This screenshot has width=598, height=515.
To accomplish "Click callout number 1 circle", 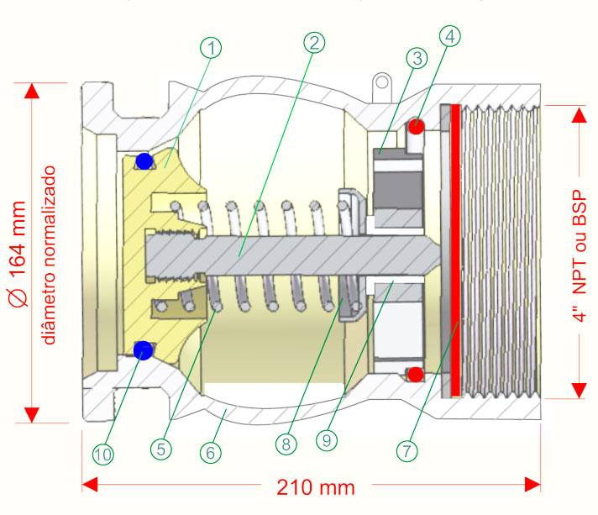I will (212, 49).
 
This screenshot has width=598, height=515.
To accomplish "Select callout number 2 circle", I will (314, 42).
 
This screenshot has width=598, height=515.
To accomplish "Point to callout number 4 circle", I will (449, 36).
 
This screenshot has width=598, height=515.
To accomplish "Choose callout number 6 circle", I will (211, 450).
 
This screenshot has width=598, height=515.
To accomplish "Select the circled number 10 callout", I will (103, 454).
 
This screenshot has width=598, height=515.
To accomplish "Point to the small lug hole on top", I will (382, 82).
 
